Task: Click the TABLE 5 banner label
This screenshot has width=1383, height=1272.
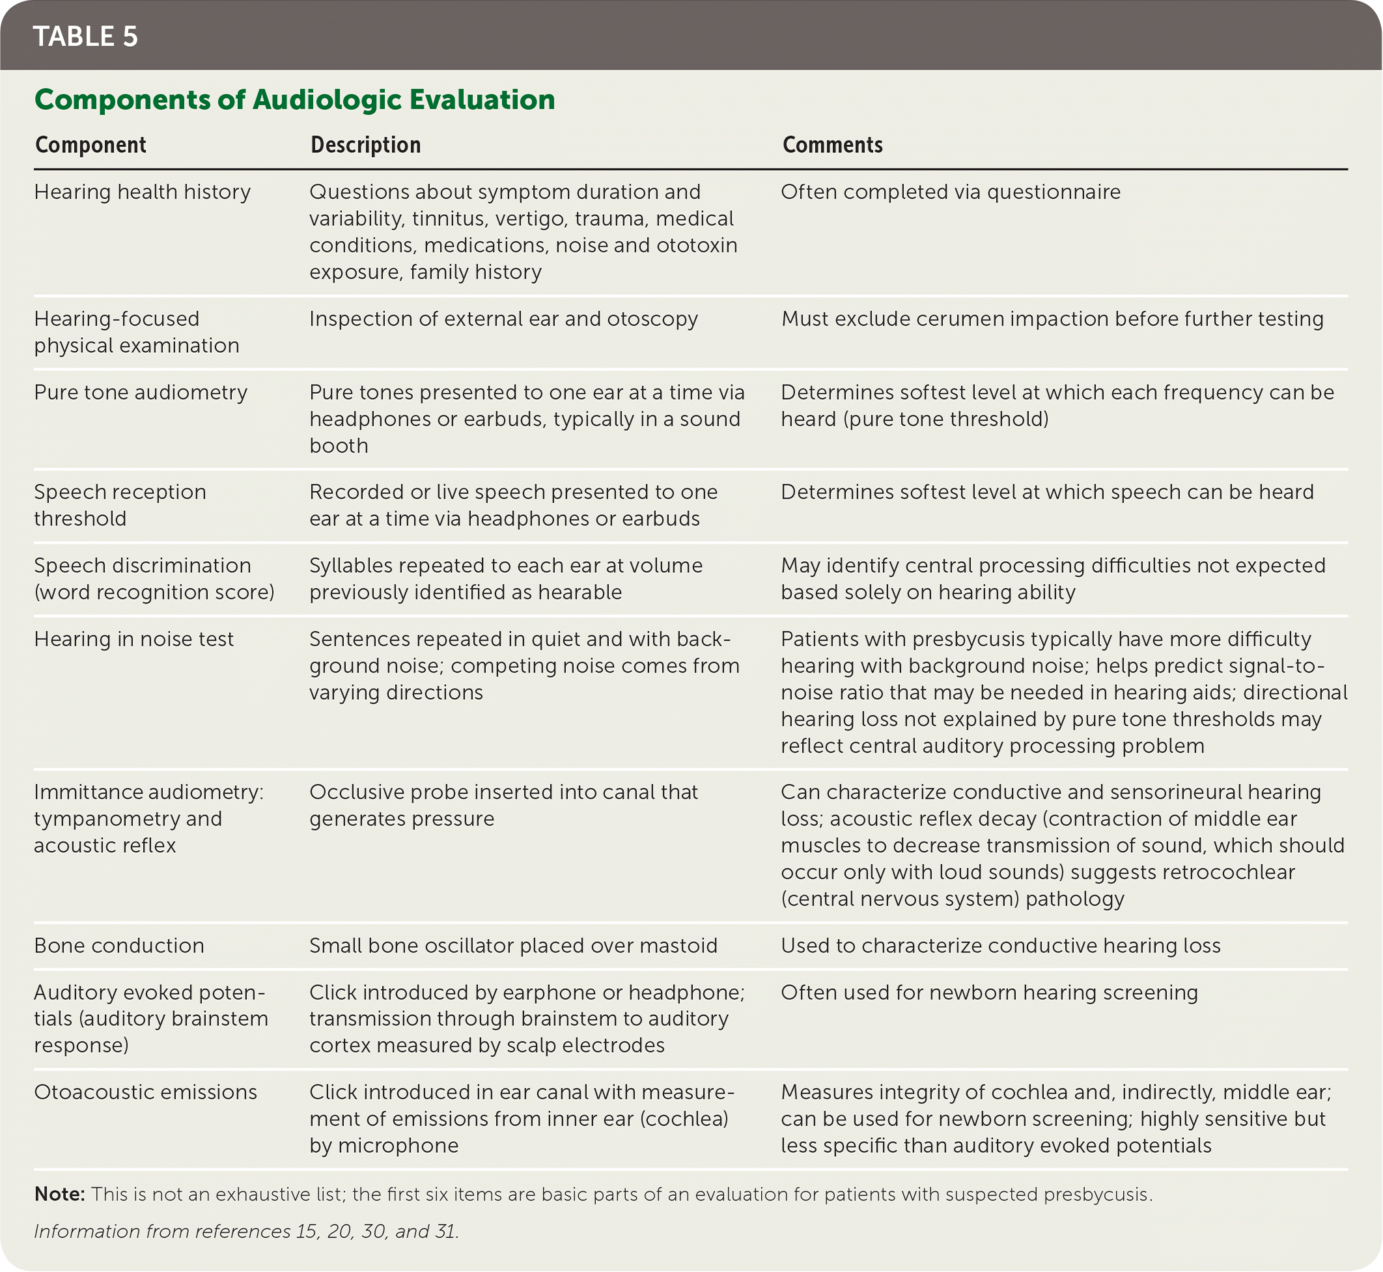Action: (x=85, y=36)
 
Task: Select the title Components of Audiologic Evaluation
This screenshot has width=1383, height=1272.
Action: (x=294, y=100)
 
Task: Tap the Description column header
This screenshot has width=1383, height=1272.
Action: (x=365, y=145)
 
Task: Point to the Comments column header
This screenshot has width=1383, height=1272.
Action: (x=832, y=145)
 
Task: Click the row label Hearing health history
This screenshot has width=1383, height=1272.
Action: (x=143, y=192)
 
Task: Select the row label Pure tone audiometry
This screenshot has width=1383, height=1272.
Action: (x=141, y=393)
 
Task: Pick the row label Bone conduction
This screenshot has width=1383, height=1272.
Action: (x=119, y=946)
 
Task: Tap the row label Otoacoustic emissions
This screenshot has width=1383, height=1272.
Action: (x=145, y=1092)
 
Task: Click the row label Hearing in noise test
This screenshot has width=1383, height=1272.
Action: (x=133, y=639)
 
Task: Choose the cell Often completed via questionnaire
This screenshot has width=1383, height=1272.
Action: (x=950, y=192)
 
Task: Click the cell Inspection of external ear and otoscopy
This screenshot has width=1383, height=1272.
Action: (x=503, y=320)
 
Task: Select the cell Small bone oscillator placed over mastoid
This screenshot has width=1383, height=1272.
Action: (x=513, y=946)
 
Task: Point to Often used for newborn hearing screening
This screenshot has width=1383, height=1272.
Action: (x=989, y=993)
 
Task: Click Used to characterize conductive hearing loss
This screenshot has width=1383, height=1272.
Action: (x=1000, y=946)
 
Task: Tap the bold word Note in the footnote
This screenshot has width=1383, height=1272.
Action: (x=59, y=1195)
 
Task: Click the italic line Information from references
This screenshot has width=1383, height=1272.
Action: (x=245, y=1232)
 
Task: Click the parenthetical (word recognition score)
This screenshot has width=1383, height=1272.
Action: (x=154, y=592)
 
